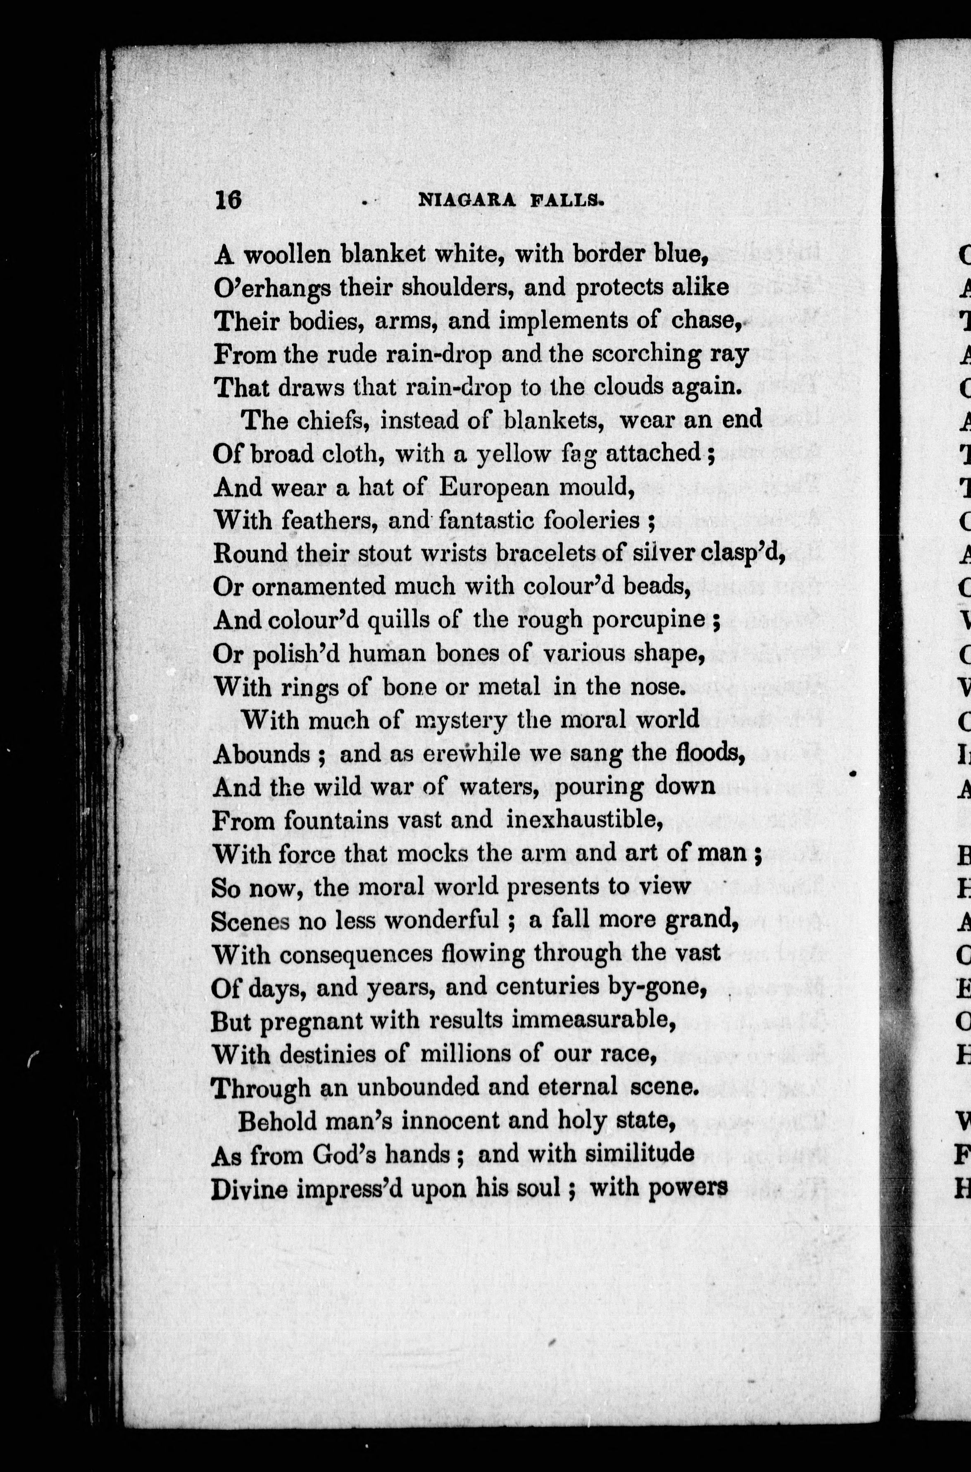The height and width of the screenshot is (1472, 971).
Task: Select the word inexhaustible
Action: point(585,820)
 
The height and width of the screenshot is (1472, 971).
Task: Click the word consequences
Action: point(355,953)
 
